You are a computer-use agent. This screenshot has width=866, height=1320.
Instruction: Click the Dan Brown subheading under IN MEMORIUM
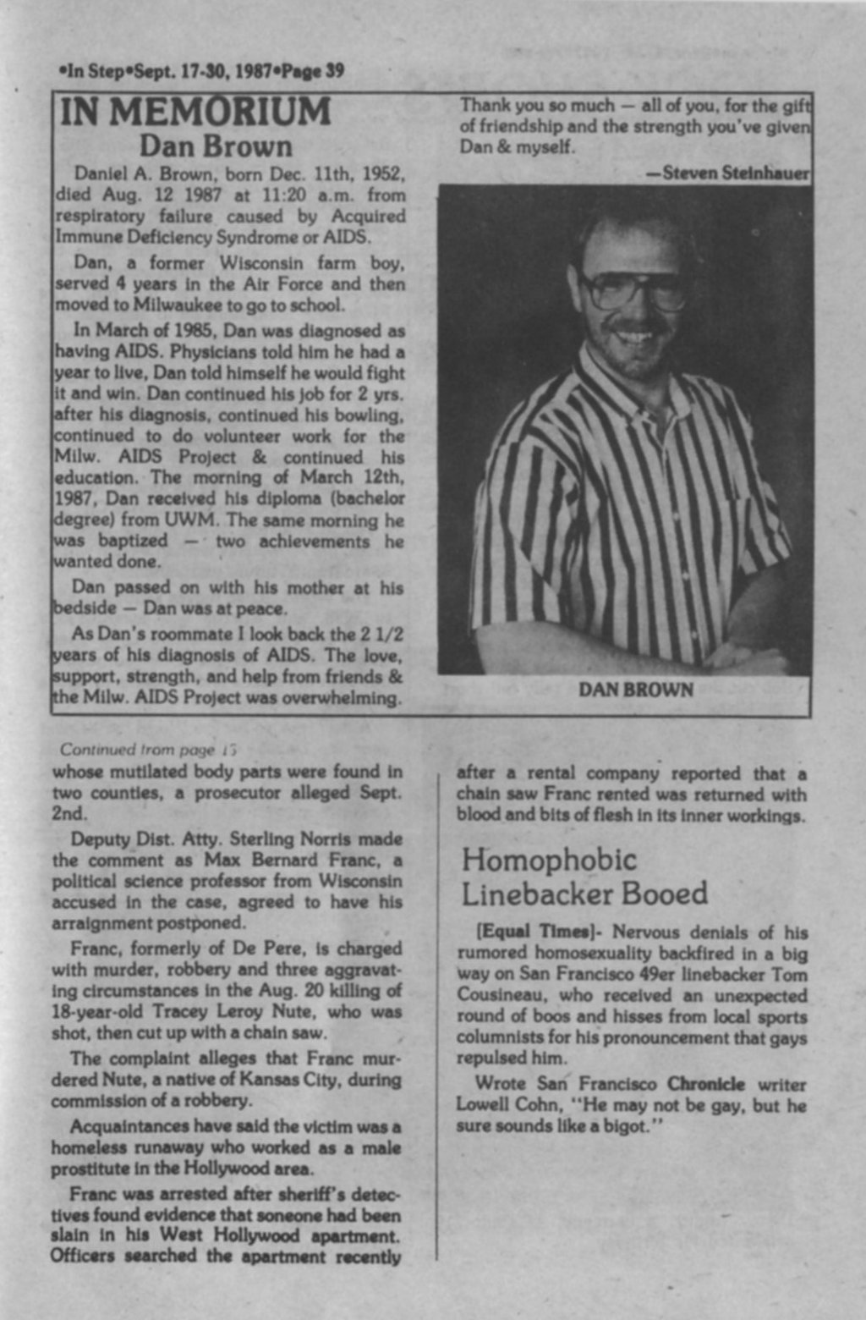pyautogui.click(x=216, y=146)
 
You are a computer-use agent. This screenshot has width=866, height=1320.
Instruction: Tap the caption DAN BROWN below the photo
pyautogui.click(x=635, y=690)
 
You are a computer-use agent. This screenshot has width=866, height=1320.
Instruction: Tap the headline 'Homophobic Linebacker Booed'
pyautogui.click(x=584, y=877)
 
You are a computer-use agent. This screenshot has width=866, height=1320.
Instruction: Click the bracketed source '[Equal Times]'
pyautogui.click(x=538, y=932)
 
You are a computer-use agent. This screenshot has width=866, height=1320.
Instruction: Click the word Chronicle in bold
pyautogui.click(x=706, y=1084)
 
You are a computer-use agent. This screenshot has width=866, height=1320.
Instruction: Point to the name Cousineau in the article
pyautogui.click(x=495, y=996)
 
